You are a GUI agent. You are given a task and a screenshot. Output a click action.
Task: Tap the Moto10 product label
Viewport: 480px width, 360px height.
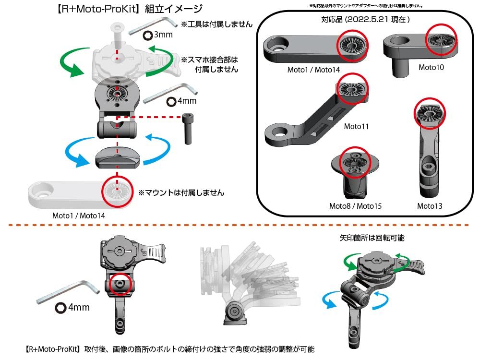[431, 67]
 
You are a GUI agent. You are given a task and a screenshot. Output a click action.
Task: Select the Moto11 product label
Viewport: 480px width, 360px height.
[357, 127]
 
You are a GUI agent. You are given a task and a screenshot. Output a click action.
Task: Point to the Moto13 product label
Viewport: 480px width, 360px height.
[430, 206]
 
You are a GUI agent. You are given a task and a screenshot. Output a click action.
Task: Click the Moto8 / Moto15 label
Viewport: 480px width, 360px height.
[355, 206]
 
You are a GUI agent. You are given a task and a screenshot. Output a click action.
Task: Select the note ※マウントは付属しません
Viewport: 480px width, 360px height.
[181, 192]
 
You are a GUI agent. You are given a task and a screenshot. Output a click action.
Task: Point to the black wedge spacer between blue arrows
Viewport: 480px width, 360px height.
[117, 157]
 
